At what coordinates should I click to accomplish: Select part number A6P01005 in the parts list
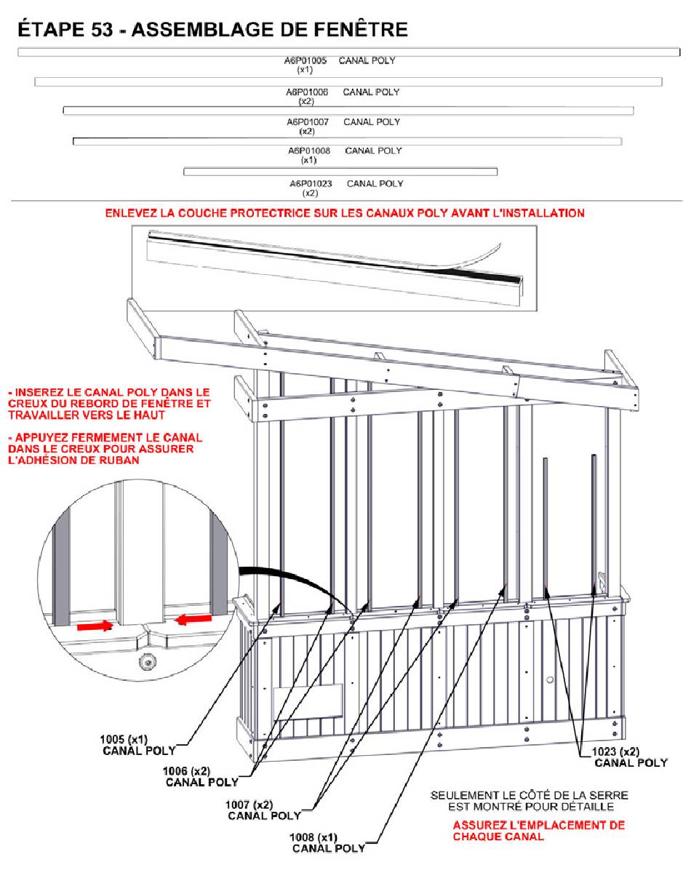(x=305, y=61)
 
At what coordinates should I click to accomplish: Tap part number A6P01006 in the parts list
(x=307, y=92)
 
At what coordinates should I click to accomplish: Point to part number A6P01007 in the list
(x=307, y=122)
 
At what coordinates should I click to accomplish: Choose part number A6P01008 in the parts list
(x=309, y=151)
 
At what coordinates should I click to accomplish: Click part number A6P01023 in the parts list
(x=311, y=184)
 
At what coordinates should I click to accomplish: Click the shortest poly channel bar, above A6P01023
(x=340, y=172)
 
